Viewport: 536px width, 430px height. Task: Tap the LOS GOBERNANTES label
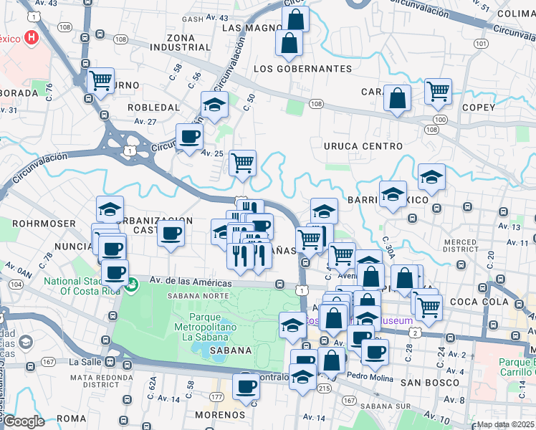[x=303, y=69]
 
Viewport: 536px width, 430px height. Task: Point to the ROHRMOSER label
[x=43, y=224]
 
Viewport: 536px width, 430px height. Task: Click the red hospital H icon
[x=32, y=38]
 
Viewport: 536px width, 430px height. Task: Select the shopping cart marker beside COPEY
[x=438, y=91]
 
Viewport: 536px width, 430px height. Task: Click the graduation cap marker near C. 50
[x=214, y=104]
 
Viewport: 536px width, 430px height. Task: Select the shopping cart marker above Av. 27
[x=101, y=80]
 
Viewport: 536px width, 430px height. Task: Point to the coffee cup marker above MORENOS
[x=247, y=386]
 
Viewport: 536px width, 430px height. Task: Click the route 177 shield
[x=216, y=396]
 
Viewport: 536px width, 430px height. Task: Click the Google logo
[x=23, y=421]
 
